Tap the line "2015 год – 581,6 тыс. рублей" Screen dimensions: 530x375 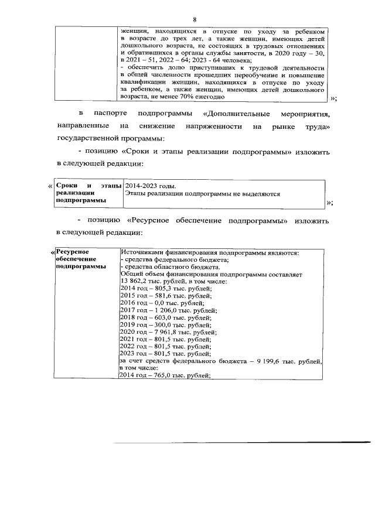tap(165, 296)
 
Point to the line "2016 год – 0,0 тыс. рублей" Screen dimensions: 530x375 tap(162, 303)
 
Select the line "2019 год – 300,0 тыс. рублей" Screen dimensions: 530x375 tap(165, 324)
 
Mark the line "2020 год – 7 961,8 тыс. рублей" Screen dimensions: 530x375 tap(168, 331)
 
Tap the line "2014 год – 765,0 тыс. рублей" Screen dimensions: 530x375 tap(165, 375)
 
